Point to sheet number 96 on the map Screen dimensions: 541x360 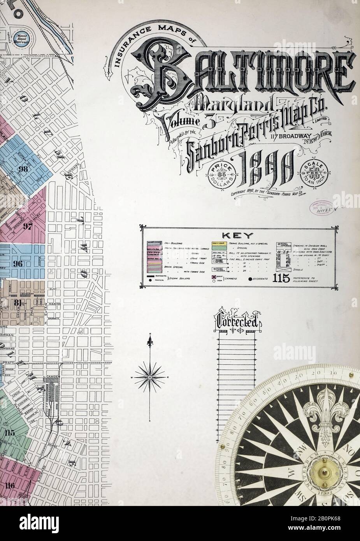(x=18, y=263)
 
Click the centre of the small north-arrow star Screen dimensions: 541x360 (x=149, y=378)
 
